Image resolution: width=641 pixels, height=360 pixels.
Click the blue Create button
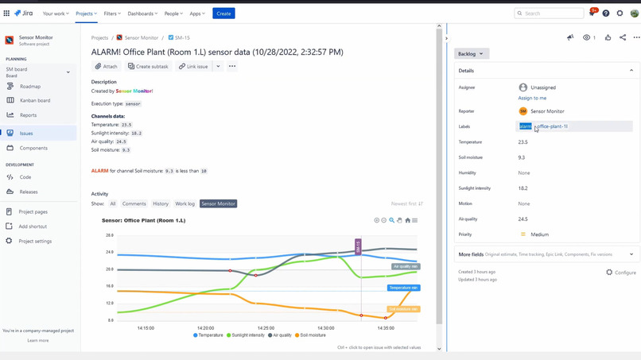(223, 14)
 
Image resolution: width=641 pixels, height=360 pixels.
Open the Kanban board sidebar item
(35, 101)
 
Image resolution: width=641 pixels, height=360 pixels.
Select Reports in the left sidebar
(28, 115)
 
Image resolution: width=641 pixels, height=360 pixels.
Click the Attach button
(106, 67)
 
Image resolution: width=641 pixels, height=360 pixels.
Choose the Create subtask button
(148, 67)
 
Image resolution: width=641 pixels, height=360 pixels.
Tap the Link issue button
(193, 67)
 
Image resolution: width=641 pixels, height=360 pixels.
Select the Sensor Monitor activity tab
(218, 204)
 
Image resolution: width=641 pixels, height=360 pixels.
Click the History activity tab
(161, 204)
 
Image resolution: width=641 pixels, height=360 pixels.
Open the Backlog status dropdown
(472, 54)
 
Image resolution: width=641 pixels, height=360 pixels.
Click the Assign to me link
(532, 98)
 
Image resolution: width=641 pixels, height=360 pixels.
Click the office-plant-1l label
(552, 126)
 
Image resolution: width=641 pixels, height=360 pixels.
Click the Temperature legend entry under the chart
(208, 335)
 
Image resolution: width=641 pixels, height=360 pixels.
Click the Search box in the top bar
(550, 14)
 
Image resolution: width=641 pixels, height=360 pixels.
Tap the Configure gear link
(621, 273)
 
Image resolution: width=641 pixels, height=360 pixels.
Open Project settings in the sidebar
(35, 241)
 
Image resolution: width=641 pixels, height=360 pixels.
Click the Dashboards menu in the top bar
(142, 14)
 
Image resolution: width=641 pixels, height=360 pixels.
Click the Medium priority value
(539, 234)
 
